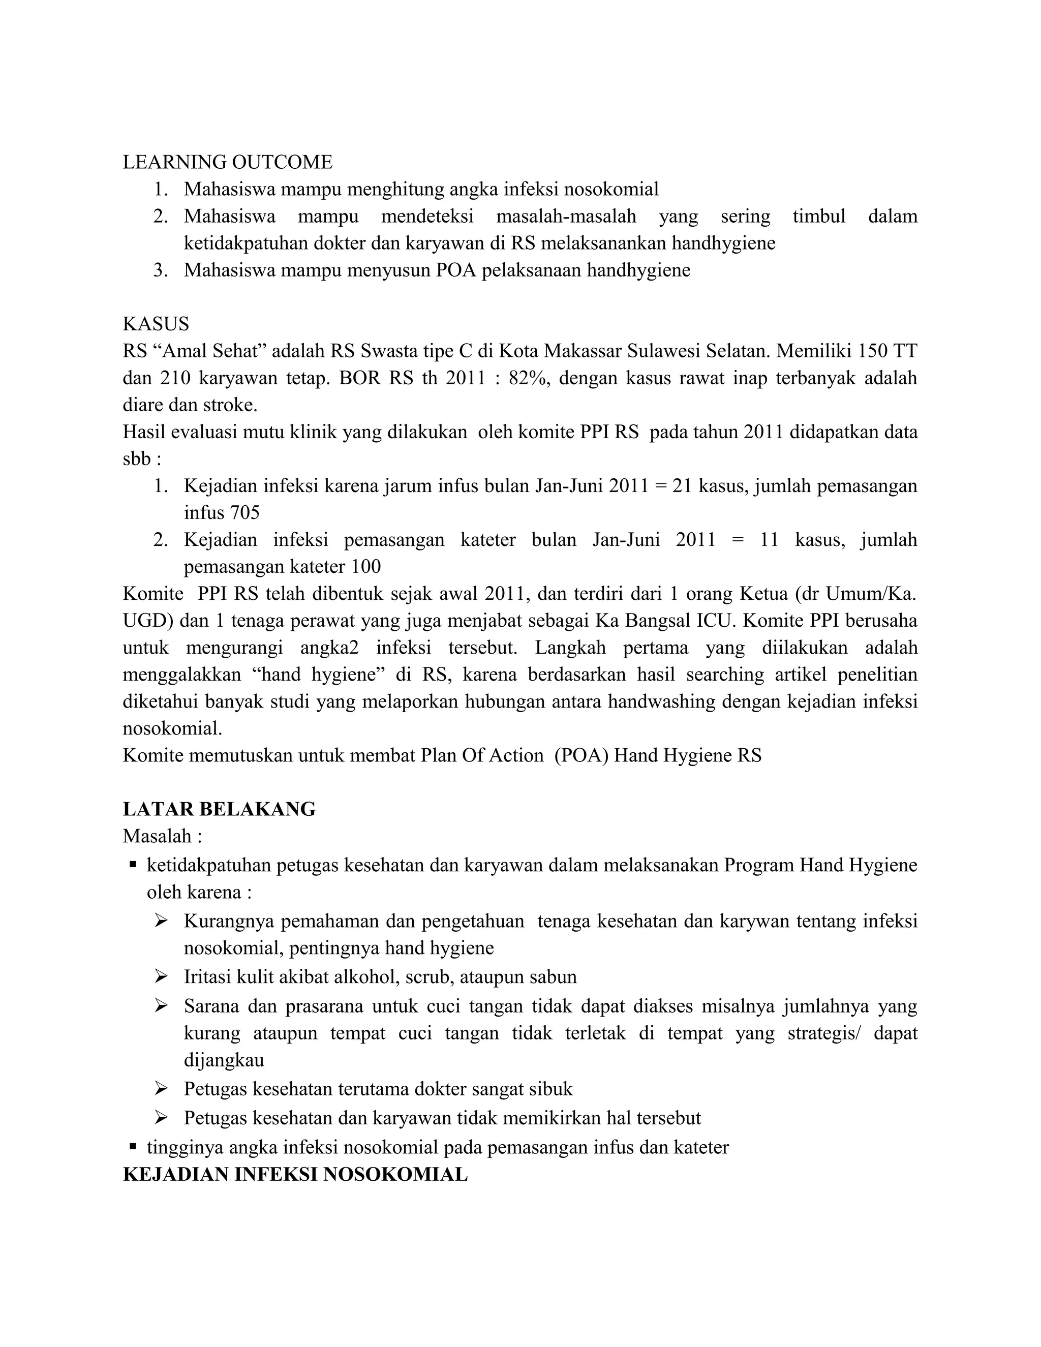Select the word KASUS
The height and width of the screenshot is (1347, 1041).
156,324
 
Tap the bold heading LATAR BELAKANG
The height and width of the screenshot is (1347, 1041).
219,809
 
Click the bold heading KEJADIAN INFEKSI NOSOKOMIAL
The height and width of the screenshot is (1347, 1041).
295,1174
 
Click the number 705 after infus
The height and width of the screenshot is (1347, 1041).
244,512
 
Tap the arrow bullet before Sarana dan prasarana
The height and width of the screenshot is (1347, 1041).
161,1006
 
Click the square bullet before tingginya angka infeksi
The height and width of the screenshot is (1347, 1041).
133,1147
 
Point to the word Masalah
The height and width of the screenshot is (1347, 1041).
157,836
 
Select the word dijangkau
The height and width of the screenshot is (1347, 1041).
224,1060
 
